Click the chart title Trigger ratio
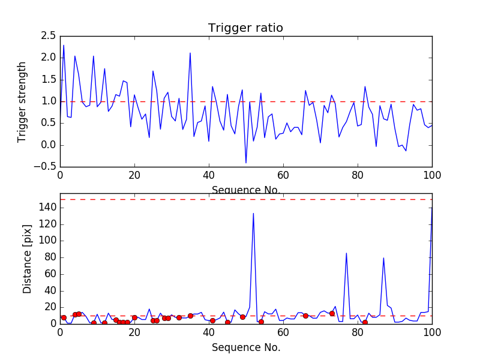tap(245, 28)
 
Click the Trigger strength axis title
tap(22, 101)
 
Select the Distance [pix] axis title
tap(28, 258)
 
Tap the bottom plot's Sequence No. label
tap(246, 347)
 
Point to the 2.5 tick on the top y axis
tap(48, 36)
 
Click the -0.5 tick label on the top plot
tap(46, 167)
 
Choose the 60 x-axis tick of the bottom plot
tap(283, 333)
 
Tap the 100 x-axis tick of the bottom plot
tap(432, 333)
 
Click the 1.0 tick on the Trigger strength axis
tap(48, 101)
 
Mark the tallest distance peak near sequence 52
tap(253, 214)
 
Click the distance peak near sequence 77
tap(346, 253)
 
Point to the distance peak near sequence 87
tap(383, 258)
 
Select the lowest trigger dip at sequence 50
tap(246, 163)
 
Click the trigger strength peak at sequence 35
tap(190, 53)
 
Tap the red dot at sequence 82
tap(365, 322)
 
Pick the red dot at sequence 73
tap(332, 313)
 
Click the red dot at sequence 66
tap(305, 316)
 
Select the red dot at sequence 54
tap(261, 322)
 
